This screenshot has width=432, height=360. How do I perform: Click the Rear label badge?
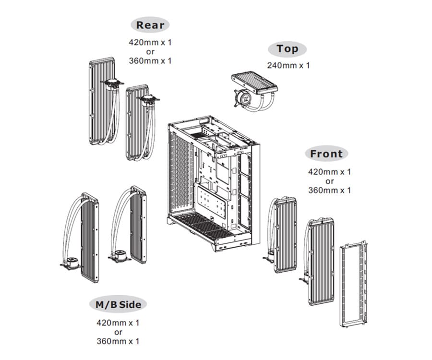(x=150, y=25)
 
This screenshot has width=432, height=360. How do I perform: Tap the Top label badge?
(x=288, y=49)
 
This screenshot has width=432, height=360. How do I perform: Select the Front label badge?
(x=326, y=154)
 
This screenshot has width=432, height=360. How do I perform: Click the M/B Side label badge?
(x=118, y=304)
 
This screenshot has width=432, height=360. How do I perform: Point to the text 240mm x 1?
(x=288, y=65)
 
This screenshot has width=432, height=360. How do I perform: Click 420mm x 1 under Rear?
(x=150, y=42)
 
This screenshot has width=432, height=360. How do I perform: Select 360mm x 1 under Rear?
(x=150, y=61)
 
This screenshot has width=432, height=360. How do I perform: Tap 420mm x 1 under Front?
(x=329, y=171)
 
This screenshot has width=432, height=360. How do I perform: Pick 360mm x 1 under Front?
(x=329, y=190)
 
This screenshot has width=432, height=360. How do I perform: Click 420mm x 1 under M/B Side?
(x=118, y=323)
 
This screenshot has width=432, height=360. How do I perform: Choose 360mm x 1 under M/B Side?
(x=118, y=341)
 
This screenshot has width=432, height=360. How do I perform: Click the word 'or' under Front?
(x=329, y=181)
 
